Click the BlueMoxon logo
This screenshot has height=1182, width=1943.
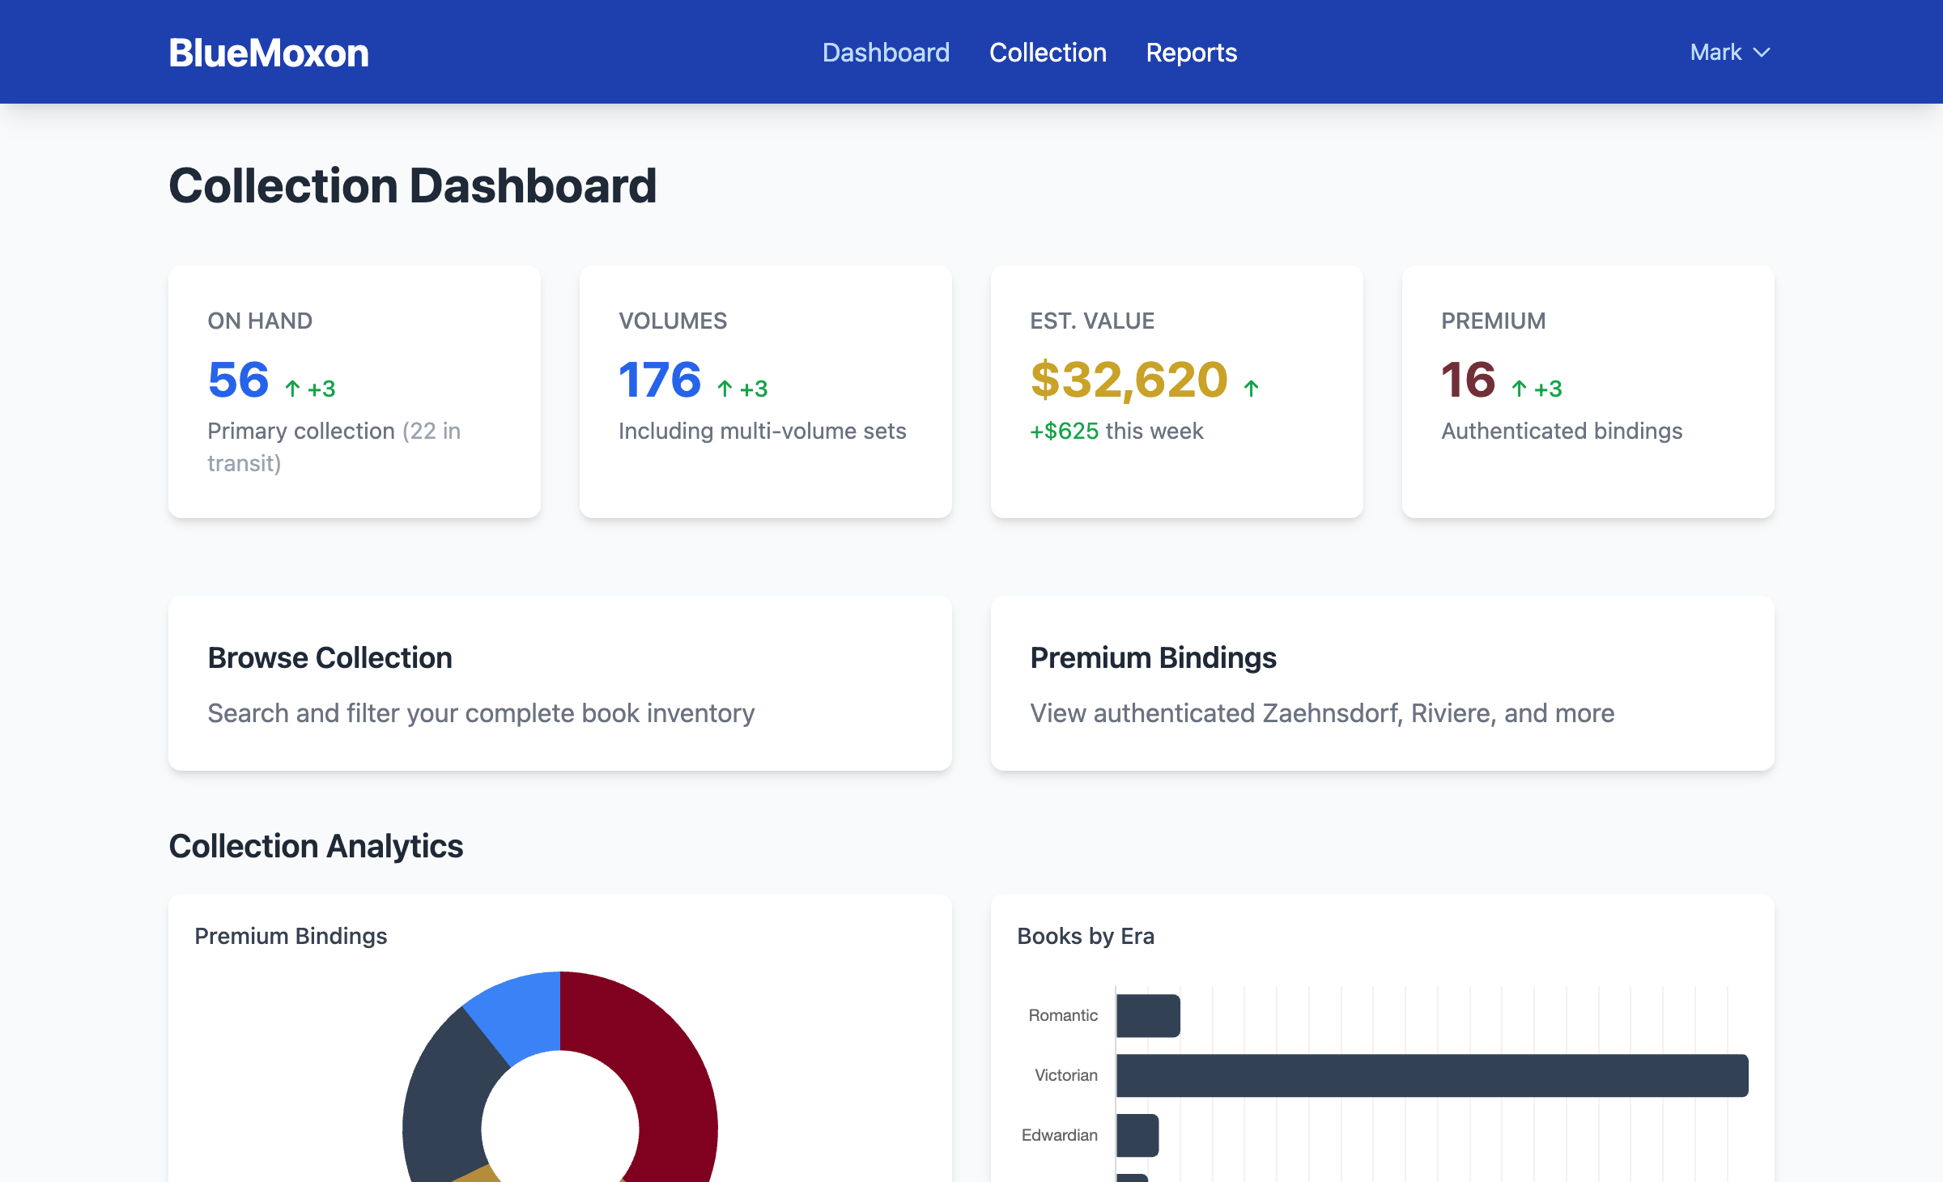[x=269, y=53]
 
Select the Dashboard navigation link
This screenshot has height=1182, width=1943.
[x=886, y=53]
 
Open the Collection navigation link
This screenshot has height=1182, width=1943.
[x=1048, y=53]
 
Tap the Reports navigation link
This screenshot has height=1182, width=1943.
[x=1191, y=53]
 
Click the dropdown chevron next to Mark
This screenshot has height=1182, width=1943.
[x=1762, y=53]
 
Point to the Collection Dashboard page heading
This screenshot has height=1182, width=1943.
[x=412, y=185]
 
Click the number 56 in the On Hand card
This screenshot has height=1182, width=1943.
[x=238, y=380]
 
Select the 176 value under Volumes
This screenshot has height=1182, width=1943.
[x=660, y=380]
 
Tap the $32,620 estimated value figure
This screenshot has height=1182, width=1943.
[x=1129, y=380]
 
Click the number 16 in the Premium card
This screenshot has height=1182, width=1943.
[x=1468, y=380]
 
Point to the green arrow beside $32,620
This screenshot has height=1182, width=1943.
[x=1251, y=389]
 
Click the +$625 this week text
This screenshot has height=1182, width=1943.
[x=1116, y=431]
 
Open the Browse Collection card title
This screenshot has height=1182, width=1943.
[x=330, y=657]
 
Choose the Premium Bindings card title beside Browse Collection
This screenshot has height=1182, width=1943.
[x=1153, y=657]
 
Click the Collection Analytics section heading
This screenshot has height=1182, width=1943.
[x=316, y=846]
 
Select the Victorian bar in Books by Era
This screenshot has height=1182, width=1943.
[x=1431, y=1075]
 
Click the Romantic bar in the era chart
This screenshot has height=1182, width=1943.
[x=1148, y=1015]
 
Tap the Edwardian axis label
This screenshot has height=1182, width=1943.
[x=1059, y=1135]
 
